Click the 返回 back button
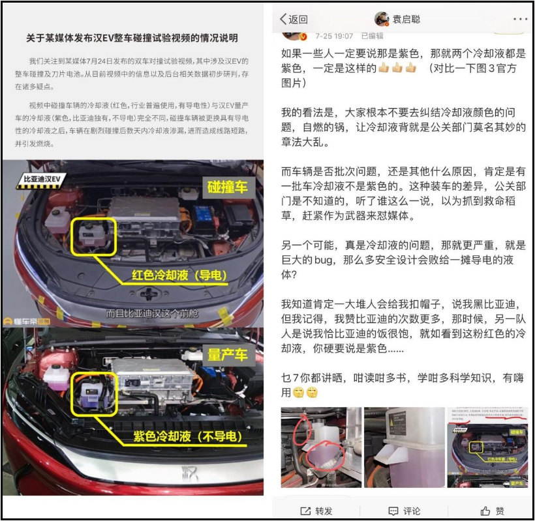tap(294, 19)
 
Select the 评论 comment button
tap(405, 511)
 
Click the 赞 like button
tap(492, 511)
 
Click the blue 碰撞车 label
tap(226, 187)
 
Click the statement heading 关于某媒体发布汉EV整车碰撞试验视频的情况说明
tap(132, 38)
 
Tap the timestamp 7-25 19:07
tap(335, 36)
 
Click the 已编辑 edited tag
tap(372, 36)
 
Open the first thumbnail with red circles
tap(320, 447)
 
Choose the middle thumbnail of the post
tap(404, 447)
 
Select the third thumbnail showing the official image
tap(487, 447)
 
